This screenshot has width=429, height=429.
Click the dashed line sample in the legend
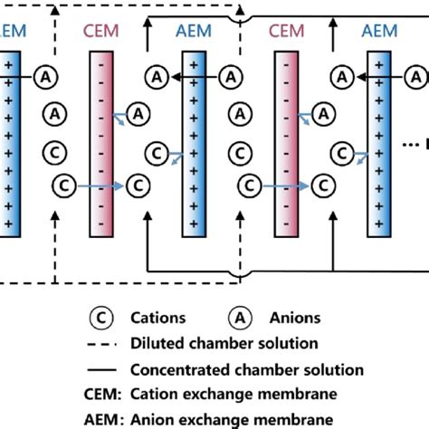point(107,344)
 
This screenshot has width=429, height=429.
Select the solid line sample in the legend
point(107,369)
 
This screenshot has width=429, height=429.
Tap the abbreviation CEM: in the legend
point(107,394)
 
